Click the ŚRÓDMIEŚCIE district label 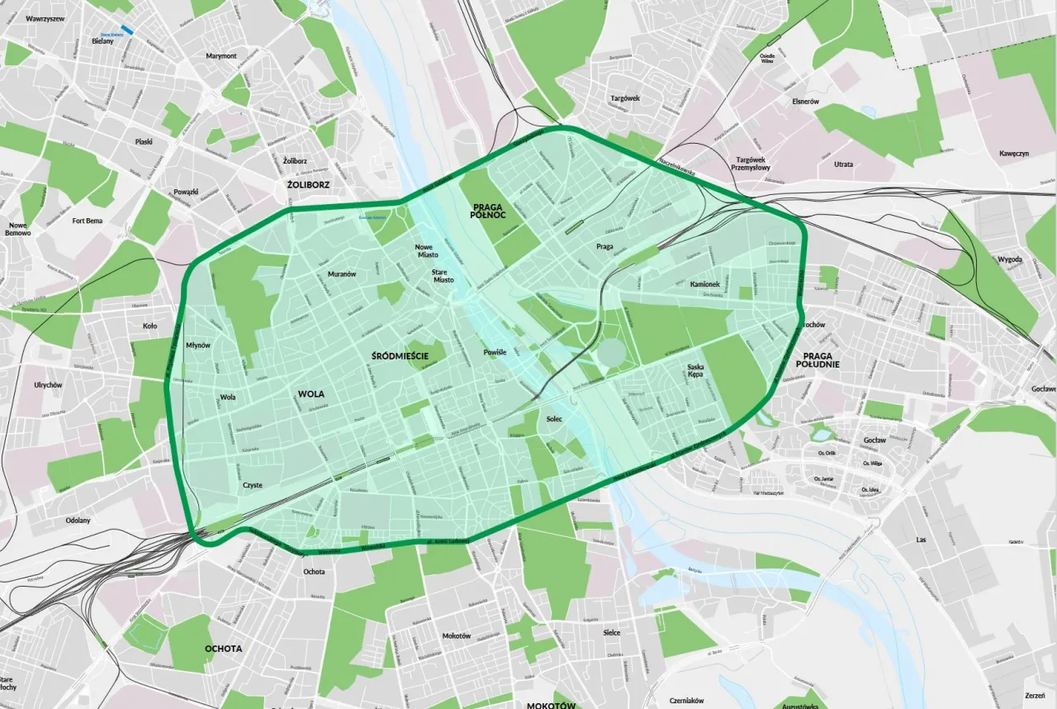pos(399,355)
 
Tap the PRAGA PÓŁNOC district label pos(488,211)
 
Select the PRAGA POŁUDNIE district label pos(818,359)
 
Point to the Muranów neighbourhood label pos(341,274)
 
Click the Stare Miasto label pos(443,275)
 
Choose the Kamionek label pos(704,284)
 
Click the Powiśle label pos(495,353)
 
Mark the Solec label pos(554,419)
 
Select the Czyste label pos(252,485)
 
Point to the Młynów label pos(198,345)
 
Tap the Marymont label pos(221,56)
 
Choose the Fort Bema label pos(87,221)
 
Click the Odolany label pos(78,521)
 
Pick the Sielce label pos(611,632)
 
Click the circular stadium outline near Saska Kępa pos(612,354)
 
